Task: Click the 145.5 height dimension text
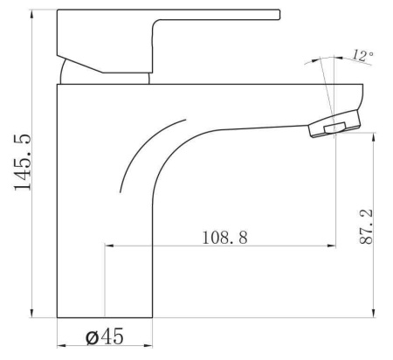coord(22,163)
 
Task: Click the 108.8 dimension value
coord(224,238)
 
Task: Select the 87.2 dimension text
coord(366,226)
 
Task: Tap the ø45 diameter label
coord(105,336)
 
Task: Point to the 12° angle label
coord(363,55)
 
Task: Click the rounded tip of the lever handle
coord(279,15)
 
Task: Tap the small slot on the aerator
coord(334,128)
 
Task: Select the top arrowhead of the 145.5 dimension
coord(31,14)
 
